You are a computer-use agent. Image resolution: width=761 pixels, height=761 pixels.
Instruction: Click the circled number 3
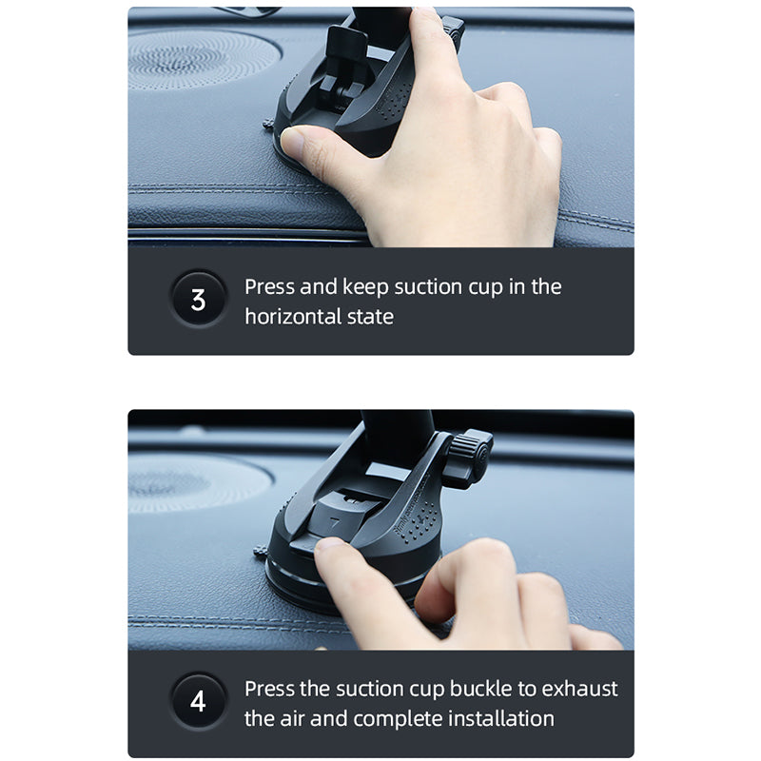198,301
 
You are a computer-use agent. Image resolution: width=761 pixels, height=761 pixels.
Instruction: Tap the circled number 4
198,703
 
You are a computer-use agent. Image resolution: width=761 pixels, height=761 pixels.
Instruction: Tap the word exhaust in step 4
581,688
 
